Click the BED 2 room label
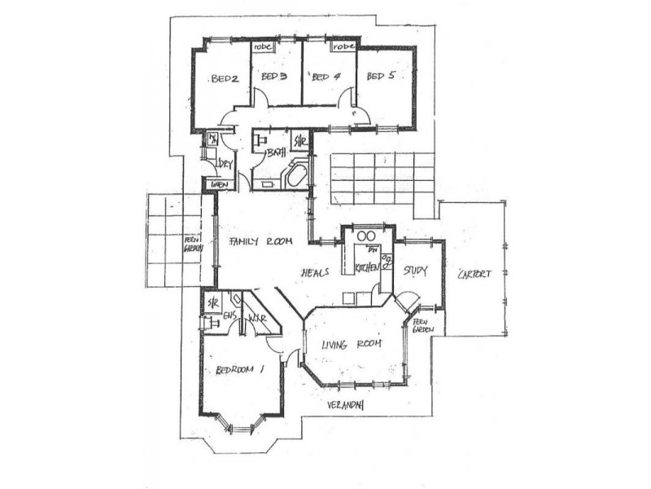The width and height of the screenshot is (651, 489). tap(224, 79)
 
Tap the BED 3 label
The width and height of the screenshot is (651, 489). tap(274, 77)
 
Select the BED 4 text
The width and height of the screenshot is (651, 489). tap(325, 77)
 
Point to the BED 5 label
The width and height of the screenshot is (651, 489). tap(379, 77)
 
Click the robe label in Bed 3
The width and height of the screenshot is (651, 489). tap(264, 47)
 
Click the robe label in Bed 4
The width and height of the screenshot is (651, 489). tap(343, 47)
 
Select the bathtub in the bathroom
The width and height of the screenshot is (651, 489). tap(295, 175)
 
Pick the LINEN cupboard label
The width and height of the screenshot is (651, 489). tap(219, 185)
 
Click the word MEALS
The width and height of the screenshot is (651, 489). tap(315, 272)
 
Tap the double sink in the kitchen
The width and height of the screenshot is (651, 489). tap(366, 237)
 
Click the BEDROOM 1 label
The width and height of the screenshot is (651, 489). tap(241, 369)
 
